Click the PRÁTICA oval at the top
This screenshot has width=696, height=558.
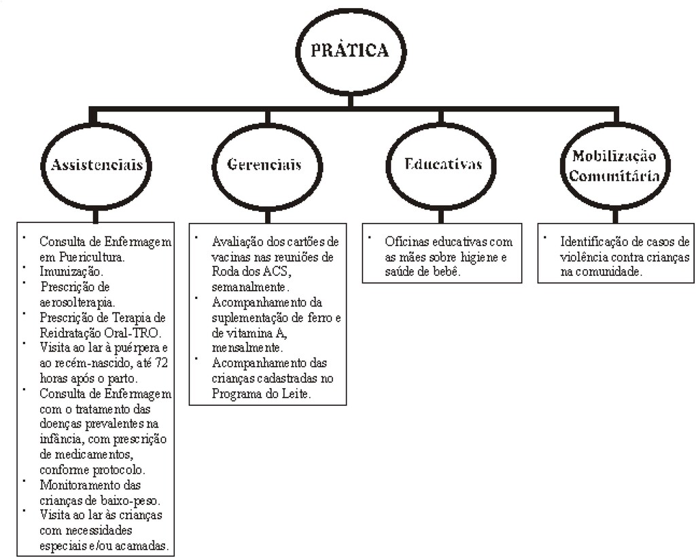(x=350, y=52)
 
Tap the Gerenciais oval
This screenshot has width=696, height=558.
(x=264, y=165)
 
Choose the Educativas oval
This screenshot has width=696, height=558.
(x=442, y=164)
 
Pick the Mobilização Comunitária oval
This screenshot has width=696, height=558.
(x=614, y=165)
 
